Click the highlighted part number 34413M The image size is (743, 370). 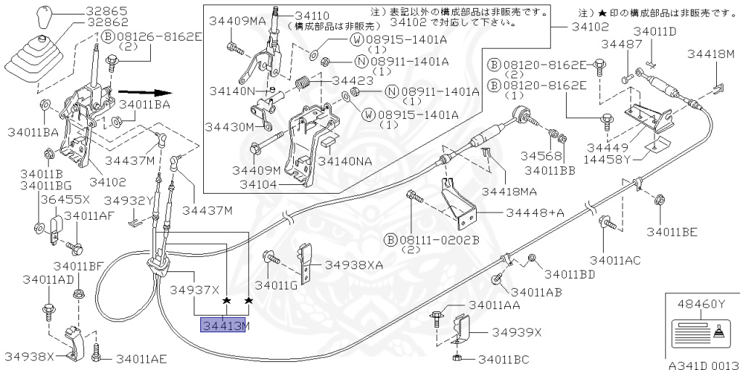click(225, 325)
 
